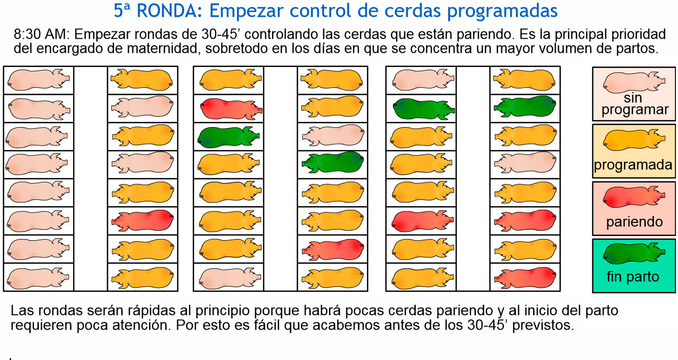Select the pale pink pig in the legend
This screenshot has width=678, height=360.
(x=634, y=81)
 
